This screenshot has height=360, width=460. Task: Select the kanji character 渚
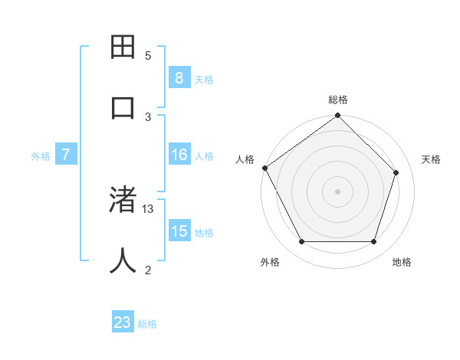click(123, 200)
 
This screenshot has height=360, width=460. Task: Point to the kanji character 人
click(123, 260)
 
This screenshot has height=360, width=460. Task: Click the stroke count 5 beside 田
click(148, 56)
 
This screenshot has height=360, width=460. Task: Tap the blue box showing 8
click(179, 77)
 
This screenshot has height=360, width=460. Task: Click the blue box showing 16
click(179, 155)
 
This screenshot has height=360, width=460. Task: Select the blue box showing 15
click(179, 231)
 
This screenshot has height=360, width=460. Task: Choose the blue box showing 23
click(123, 322)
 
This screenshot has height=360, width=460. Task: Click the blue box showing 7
click(66, 155)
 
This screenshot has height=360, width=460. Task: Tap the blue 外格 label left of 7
click(41, 156)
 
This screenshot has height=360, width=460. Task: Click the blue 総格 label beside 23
click(147, 324)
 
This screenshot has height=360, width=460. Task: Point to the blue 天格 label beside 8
click(204, 79)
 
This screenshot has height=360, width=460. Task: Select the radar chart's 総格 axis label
click(338, 100)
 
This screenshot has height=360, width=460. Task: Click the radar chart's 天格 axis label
click(431, 159)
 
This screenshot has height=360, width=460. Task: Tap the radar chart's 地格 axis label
click(402, 262)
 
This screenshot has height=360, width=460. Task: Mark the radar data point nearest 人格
click(265, 168)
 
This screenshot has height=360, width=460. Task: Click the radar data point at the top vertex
click(337, 116)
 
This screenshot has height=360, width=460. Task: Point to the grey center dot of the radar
click(337, 191)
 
